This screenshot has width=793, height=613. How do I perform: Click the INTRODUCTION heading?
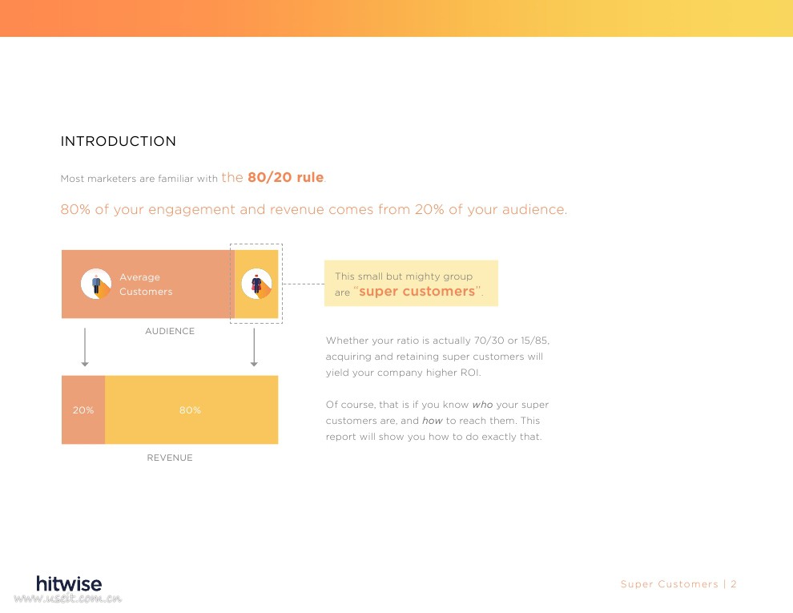pyautogui.click(x=119, y=141)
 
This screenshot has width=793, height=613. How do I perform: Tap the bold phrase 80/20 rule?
pyautogui.click(x=285, y=178)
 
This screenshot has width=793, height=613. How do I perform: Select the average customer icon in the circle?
pyautogui.click(x=96, y=284)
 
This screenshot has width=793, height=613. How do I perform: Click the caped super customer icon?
pyautogui.click(x=256, y=284)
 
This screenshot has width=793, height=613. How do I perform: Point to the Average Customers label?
pyautogui.click(x=146, y=284)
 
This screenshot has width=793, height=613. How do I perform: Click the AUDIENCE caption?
pyautogui.click(x=170, y=331)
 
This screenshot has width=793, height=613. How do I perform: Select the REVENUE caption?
pyautogui.click(x=170, y=458)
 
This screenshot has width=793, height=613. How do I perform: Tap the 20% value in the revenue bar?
pyautogui.click(x=83, y=410)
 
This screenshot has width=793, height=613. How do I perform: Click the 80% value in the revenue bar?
pyautogui.click(x=190, y=410)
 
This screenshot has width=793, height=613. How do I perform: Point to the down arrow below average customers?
pyautogui.click(x=85, y=348)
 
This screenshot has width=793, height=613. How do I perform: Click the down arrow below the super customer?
pyautogui.click(x=254, y=348)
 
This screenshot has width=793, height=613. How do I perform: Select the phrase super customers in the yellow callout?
pyautogui.click(x=417, y=292)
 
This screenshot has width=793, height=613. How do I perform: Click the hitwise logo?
pyautogui.click(x=69, y=583)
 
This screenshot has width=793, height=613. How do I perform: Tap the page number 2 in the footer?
pyautogui.click(x=733, y=584)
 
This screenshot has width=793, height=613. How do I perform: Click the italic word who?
pyautogui.click(x=482, y=405)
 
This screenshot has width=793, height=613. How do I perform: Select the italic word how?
pyautogui.click(x=433, y=421)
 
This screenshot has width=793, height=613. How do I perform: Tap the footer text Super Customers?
pyautogui.click(x=669, y=584)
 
